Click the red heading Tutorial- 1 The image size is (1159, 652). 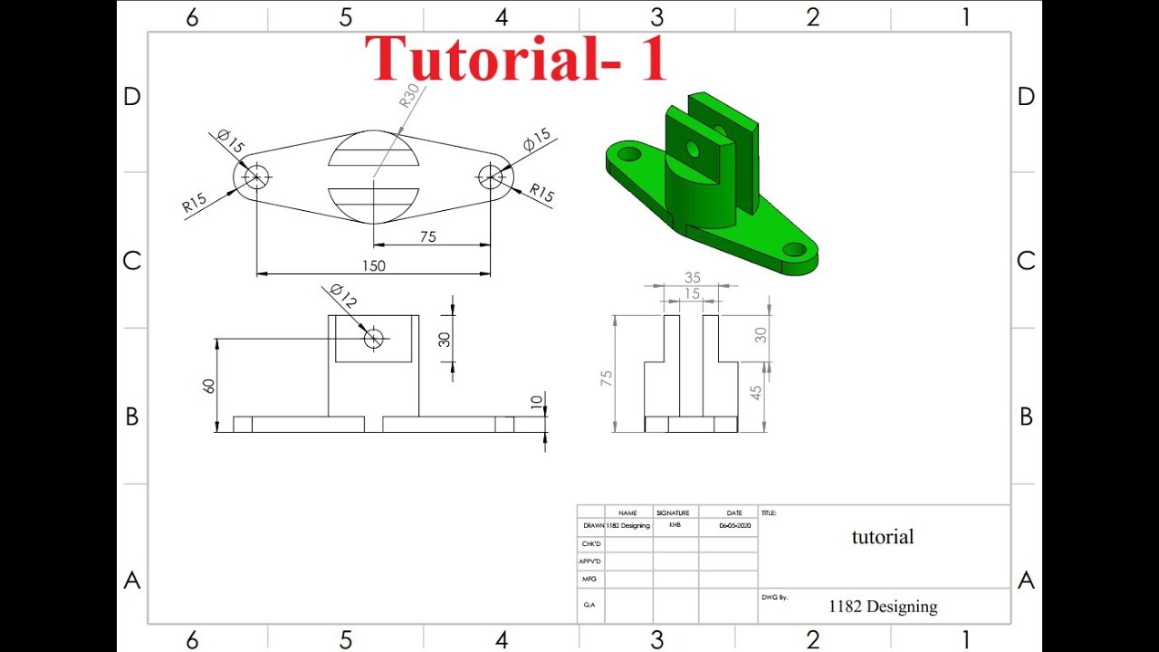[516, 59]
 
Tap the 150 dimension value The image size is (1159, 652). [373, 265]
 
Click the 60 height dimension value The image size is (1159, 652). [209, 385]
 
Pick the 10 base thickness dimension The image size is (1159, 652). [535, 402]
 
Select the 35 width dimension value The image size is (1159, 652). [693, 278]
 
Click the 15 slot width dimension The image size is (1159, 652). [692, 293]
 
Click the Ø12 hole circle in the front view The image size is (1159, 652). [373, 339]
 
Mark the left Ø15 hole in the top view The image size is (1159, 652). [256, 176]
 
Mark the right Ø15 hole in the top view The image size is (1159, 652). [491, 176]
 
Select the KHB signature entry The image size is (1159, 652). [675, 524]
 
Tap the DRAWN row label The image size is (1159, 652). [594, 525]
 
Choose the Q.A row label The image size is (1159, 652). [589, 604]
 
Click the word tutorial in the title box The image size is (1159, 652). [883, 537]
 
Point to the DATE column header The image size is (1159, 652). [734, 513]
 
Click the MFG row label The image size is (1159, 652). [589, 579]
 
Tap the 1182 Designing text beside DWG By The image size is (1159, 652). [883, 607]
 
